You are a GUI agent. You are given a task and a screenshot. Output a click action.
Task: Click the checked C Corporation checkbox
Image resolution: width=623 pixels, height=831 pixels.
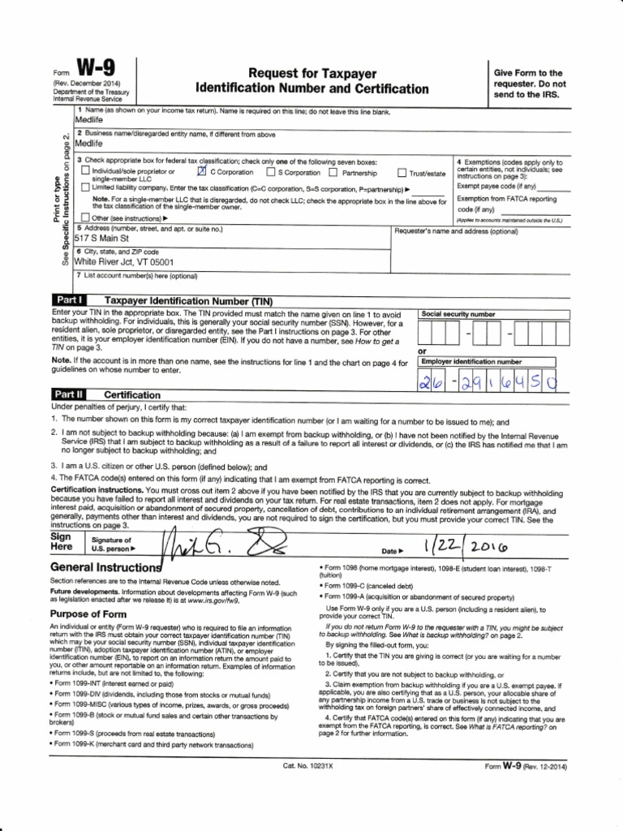pos(202,173)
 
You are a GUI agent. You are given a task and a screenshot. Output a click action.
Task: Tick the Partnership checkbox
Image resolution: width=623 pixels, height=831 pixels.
pos(333,173)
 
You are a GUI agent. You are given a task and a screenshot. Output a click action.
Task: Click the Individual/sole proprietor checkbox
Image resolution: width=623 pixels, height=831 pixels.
pos(85,173)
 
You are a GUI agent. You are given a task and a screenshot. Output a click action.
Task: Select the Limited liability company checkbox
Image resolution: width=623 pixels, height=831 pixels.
pos(85,187)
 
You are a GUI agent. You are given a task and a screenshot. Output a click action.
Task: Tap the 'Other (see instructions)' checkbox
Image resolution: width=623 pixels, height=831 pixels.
pos(85,217)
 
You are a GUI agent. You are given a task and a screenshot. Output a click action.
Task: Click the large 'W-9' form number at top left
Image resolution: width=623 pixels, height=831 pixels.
pos(98,66)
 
